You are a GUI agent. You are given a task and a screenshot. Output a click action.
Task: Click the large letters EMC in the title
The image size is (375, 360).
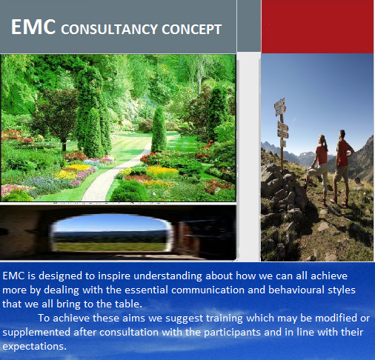pos(33,27)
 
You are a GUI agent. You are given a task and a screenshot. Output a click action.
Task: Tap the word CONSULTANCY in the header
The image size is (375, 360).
pos(110,29)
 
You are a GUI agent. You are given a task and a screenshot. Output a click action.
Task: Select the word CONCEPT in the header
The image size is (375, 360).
pos(192,29)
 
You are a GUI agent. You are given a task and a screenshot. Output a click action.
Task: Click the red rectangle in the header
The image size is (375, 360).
pos(317,27)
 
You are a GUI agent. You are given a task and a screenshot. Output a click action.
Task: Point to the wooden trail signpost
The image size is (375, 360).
pos(282,133)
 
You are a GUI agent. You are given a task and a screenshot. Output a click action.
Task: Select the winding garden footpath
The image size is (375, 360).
pos(116,173)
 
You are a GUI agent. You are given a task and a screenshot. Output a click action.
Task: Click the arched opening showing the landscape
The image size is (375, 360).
pos(110,233)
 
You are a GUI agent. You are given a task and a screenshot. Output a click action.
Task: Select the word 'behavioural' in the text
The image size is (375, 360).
pos(296,290)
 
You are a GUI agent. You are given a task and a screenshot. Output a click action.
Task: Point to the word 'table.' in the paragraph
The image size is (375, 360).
pos(129,304)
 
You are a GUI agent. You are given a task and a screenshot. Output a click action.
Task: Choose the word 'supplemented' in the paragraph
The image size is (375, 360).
pos(36,333)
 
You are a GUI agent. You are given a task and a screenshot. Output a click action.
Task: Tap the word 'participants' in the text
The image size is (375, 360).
pos(232,333)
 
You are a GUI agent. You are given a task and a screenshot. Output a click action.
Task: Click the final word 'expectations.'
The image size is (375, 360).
pos(35,347)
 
